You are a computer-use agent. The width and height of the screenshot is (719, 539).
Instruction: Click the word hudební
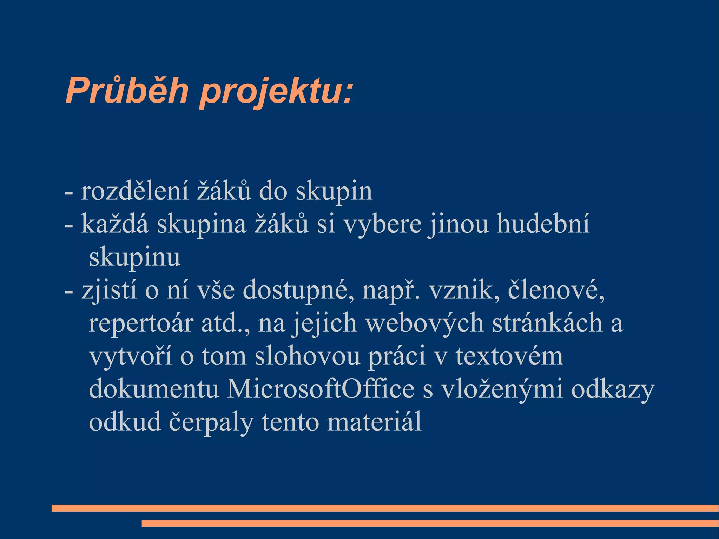[543, 224]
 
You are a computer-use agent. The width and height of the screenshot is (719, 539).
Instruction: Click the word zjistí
[109, 291]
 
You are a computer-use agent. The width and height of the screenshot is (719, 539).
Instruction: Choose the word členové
[556, 290]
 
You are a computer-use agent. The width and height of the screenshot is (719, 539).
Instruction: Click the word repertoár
[141, 323]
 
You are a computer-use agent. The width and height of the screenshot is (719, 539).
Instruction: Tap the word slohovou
[307, 356]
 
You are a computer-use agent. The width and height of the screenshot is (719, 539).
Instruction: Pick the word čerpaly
[211, 422]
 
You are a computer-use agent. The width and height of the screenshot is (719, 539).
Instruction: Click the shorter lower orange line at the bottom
[430, 523]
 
